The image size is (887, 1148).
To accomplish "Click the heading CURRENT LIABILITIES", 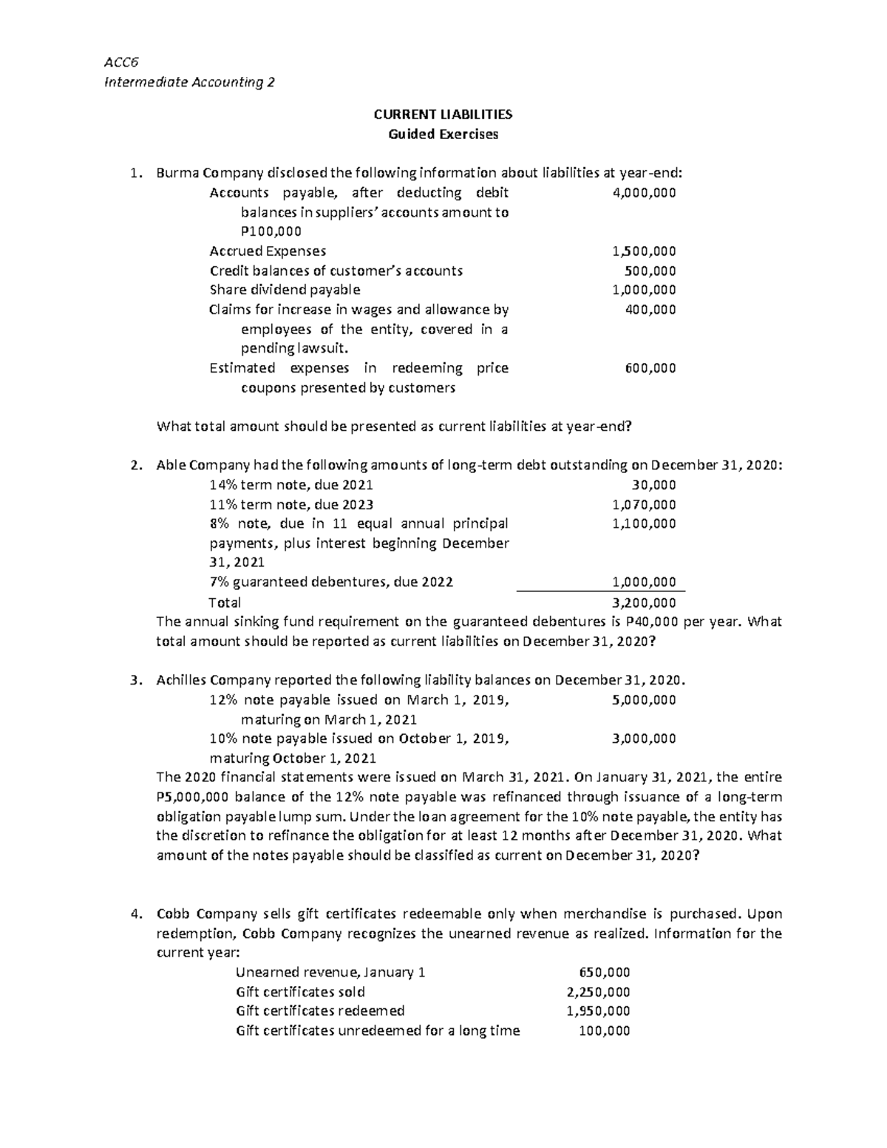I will coord(443,115).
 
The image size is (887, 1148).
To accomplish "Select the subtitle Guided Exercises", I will coord(443,135).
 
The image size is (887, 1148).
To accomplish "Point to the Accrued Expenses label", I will coord(268,251).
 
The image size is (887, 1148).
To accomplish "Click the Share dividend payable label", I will coord(285,290).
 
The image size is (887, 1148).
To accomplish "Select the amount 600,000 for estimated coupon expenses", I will coord(650,368).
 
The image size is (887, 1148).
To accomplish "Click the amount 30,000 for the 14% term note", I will coord(653,486).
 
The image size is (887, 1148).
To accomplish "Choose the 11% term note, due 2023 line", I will coord(291,505).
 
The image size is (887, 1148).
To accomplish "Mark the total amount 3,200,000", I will coord(644,602).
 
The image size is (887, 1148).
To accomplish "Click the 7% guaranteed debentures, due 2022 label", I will coord(331,583).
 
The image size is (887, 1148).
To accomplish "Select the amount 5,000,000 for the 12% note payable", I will coord(644,700).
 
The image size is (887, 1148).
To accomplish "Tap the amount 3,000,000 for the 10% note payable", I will coord(644,738).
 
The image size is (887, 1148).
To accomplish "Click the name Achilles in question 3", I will coord(182,681).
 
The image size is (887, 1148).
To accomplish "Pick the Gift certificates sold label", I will coord(300,992).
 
